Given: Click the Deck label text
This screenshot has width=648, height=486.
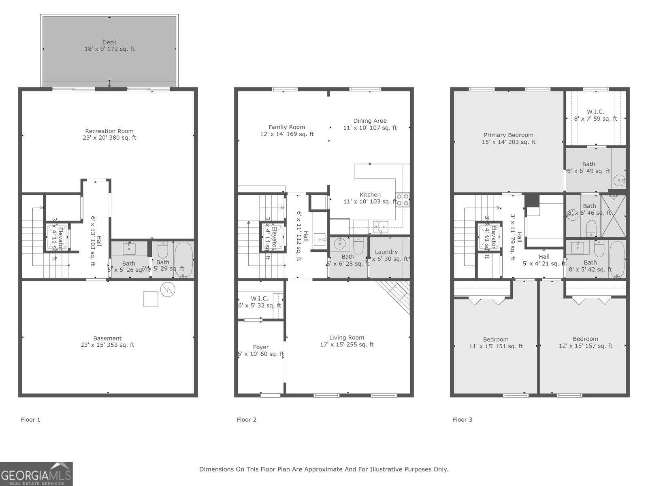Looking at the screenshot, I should coord(109,43).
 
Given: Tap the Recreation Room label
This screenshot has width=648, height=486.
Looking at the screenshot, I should coord(109,131).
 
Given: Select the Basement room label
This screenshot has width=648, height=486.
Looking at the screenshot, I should coord(107,339).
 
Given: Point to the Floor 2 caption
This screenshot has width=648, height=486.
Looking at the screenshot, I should coord(246,420).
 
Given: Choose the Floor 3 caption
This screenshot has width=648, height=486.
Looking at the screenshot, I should coord(462,420).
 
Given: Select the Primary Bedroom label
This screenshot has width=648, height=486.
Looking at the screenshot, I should coord(508,135).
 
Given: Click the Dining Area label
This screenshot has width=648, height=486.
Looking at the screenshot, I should coord(370,121).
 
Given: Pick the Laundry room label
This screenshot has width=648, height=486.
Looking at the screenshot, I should coord(386,252).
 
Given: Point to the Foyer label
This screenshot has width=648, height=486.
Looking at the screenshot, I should coord(260,347).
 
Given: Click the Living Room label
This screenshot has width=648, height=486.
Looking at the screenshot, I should coord(346,338).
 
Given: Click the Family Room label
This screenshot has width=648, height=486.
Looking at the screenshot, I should coord(287,127).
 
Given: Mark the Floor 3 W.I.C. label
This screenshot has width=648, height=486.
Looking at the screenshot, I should coord(595,112).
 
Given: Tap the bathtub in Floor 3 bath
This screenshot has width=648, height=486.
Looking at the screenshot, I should coord(617,259).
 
